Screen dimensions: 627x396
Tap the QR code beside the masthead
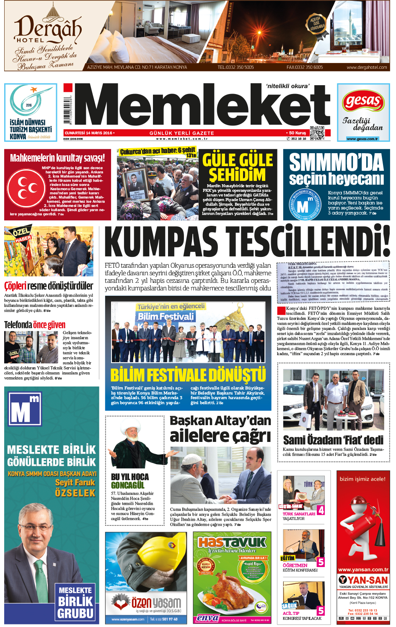317,133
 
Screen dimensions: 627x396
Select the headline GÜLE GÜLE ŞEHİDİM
237,167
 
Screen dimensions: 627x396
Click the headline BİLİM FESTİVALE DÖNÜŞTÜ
188,375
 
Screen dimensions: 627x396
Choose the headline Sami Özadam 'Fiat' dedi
333,440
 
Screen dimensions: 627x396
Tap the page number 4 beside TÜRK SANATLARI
321,510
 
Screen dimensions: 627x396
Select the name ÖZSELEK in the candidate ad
75,493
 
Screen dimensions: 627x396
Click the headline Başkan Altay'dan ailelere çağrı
220,428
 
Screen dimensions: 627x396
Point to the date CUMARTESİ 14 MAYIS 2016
88,133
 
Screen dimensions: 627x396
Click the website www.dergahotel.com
366,67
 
